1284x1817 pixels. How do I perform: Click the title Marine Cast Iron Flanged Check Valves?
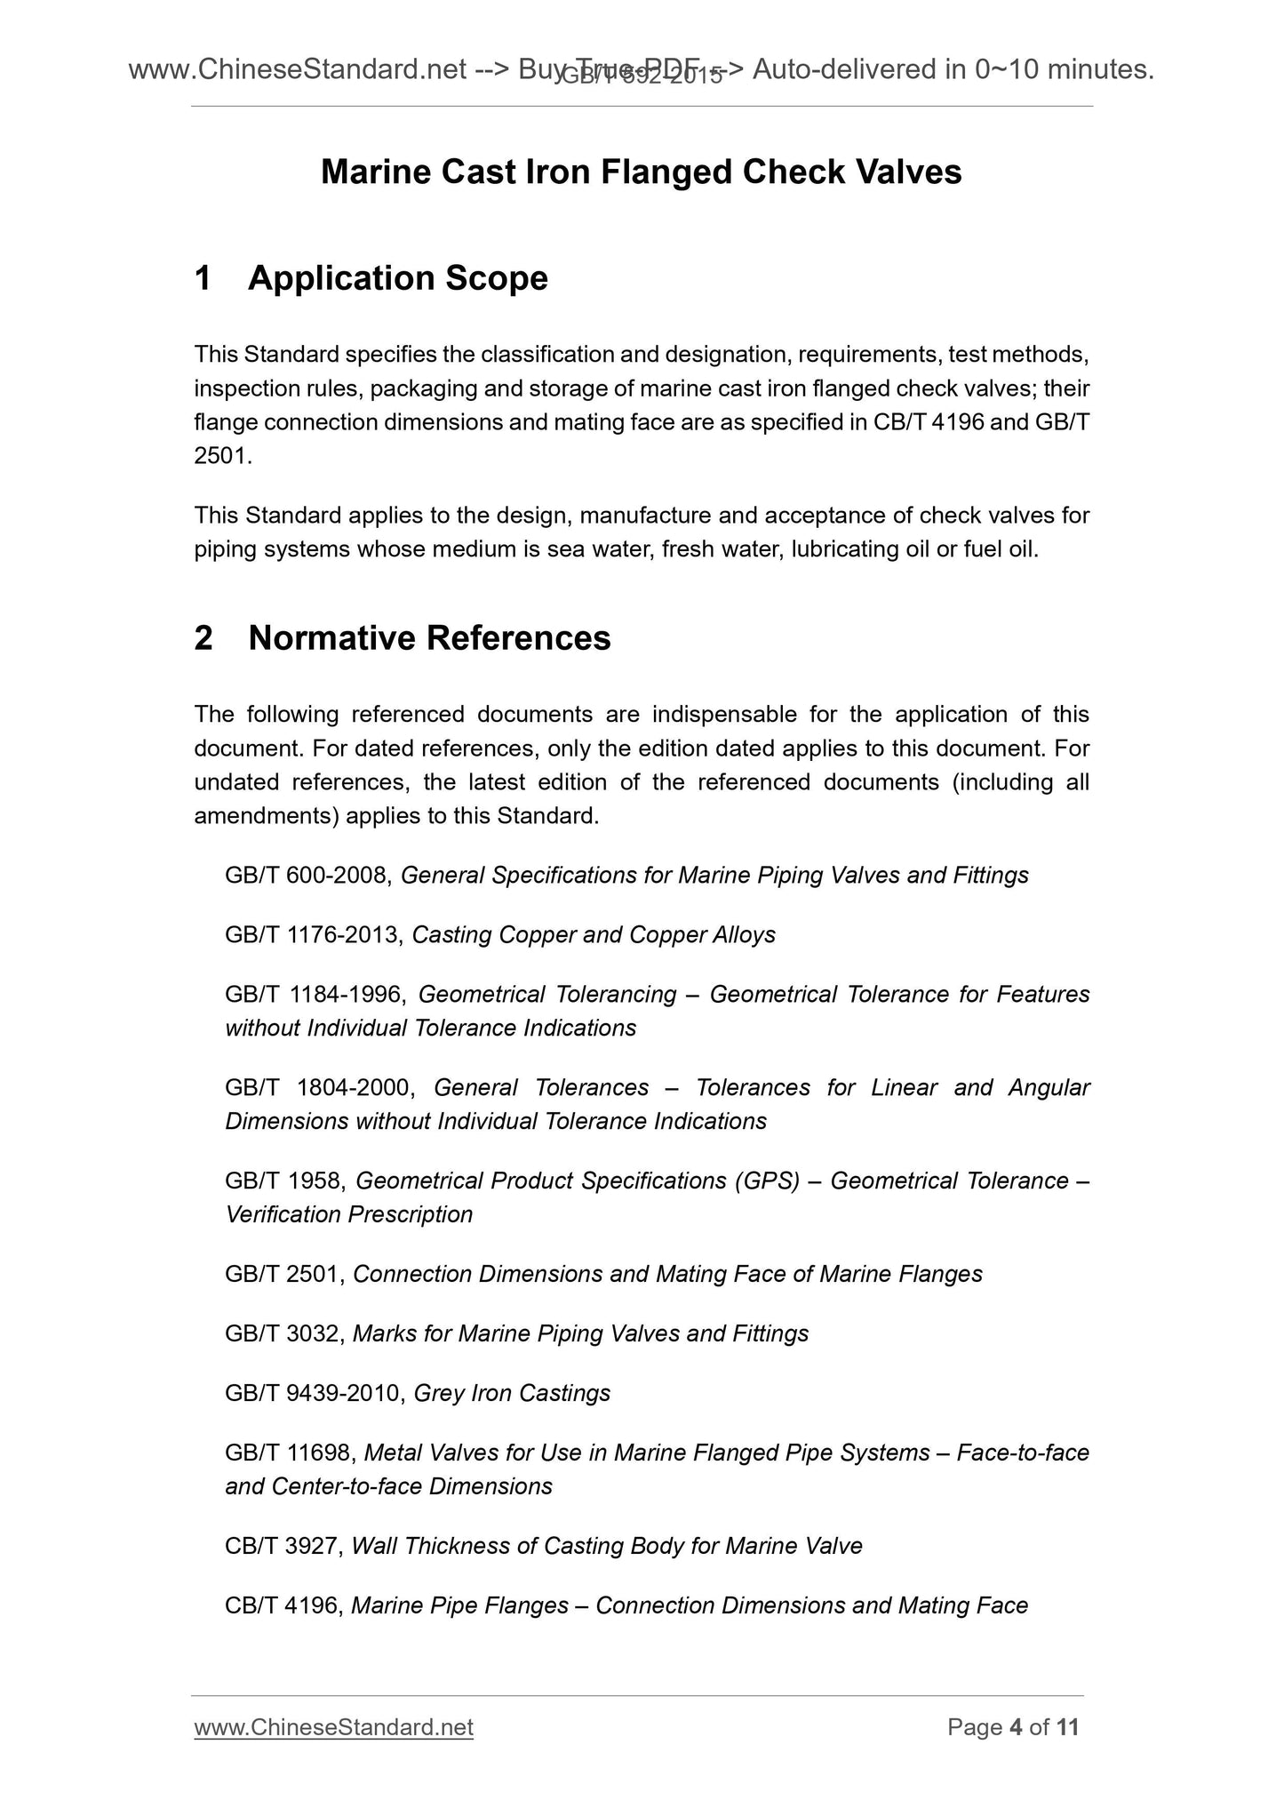641,172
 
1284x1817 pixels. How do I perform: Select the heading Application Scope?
397,278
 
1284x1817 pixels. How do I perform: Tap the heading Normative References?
429,638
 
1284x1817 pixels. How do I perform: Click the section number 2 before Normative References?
203,638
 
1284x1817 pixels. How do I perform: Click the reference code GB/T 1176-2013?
315,935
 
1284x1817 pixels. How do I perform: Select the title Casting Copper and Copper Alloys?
594,935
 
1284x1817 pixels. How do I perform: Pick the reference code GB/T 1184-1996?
315,995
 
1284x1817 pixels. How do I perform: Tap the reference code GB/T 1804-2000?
319,1088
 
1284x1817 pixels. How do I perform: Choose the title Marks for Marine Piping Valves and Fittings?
580,1333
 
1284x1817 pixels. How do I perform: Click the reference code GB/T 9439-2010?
315,1393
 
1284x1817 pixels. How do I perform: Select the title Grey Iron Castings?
512,1393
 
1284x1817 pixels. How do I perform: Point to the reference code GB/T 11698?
291,1453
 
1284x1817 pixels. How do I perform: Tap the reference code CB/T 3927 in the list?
283,1546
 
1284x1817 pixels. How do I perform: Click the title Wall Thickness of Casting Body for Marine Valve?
607,1546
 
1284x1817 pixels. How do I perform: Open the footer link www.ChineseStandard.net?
333,1727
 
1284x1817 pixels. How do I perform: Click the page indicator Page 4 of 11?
1013,1727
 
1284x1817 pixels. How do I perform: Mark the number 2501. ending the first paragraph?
223,457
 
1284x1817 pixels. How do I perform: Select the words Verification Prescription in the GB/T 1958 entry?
348,1214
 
